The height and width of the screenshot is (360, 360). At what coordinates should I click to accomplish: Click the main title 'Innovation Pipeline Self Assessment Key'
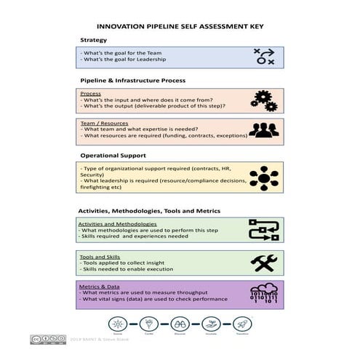click(180, 27)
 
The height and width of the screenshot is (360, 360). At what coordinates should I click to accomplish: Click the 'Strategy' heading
click(94, 40)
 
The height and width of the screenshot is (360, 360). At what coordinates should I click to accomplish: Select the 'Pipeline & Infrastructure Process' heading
click(132, 80)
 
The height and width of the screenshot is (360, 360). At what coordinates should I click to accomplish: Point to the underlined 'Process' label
click(91, 94)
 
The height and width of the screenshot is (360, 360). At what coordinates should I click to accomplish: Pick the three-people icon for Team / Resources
click(264, 130)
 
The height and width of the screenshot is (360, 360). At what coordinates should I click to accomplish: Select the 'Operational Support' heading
click(113, 155)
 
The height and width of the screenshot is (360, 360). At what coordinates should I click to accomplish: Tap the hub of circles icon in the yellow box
click(264, 178)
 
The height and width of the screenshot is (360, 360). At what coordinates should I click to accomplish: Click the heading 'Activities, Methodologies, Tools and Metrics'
click(149, 211)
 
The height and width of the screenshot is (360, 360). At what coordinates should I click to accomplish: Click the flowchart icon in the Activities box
click(264, 230)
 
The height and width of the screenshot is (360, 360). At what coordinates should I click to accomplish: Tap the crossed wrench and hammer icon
click(264, 263)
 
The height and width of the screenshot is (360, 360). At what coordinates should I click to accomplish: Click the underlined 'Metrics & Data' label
click(100, 287)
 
